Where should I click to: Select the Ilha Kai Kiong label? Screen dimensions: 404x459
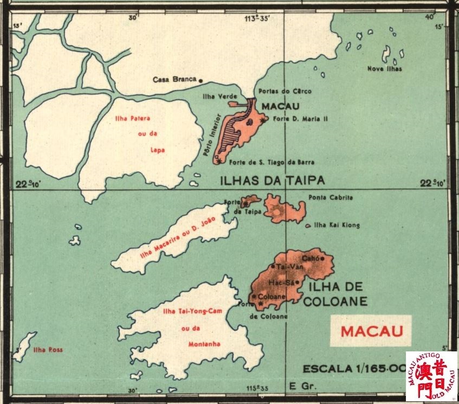(x=337, y=225)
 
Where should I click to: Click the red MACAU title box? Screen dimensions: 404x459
(x=371, y=330)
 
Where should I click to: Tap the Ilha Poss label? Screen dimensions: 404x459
(x=48, y=350)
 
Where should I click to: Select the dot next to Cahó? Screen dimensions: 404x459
(x=322, y=259)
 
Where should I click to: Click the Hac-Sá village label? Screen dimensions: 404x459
(x=282, y=283)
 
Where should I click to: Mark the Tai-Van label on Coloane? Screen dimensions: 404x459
(x=287, y=267)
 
